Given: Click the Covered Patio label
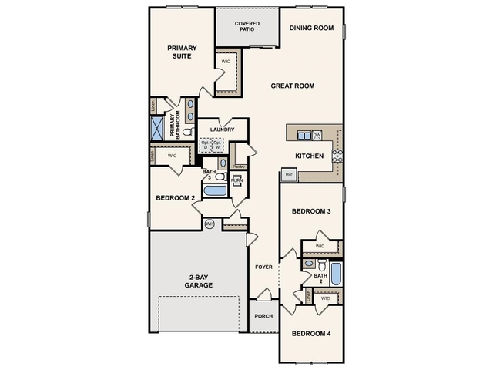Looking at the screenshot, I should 247,26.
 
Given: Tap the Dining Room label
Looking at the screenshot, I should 311,29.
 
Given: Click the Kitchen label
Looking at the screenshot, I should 310,156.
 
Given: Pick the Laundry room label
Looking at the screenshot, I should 223,129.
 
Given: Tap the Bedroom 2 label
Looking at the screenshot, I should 175,198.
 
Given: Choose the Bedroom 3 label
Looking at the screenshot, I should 310,211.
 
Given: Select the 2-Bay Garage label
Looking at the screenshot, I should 199,281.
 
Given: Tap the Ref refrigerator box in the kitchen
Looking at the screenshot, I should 290,175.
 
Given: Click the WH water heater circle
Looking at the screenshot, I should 209,224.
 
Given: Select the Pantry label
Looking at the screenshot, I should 239,166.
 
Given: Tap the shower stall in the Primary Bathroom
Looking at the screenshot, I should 156,128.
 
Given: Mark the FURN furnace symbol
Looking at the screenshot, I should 236,180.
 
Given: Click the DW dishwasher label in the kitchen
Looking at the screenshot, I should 317,135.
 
